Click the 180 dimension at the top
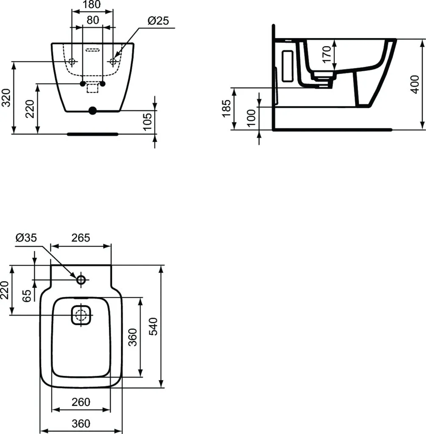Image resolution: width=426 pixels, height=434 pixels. (92, 5)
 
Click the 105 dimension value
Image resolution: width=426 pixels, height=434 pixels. (147, 122)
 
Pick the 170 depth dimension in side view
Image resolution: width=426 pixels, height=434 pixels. (326, 54)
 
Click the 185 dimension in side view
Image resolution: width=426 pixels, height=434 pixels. (226, 108)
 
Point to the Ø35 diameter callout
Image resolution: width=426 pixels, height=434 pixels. (26, 238)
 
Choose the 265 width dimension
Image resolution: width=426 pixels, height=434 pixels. (81, 238)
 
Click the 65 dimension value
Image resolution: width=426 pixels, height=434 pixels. (26, 295)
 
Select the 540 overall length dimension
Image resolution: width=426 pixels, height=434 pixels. (154, 326)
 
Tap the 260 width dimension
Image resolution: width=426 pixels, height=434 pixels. (81, 402)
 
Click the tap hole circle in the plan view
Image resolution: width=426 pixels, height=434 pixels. (81, 280)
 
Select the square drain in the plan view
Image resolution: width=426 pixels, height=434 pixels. (81, 315)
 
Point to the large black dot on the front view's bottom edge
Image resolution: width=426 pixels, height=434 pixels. (92, 111)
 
